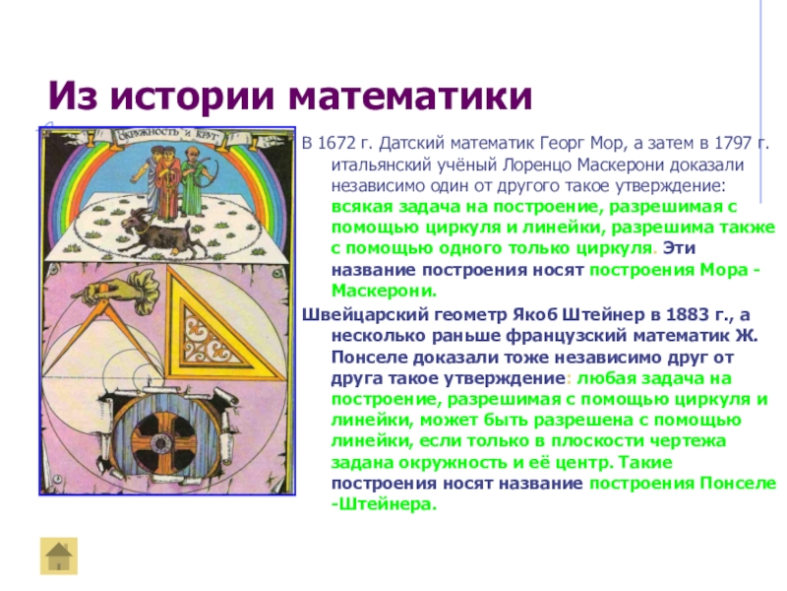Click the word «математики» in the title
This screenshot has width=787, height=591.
tap(410, 96)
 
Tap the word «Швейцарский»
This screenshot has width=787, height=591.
tap(365, 315)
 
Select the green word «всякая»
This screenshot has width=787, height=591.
tap(362, 207)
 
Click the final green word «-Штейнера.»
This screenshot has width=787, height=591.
tap(384, 504)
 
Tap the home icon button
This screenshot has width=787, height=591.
tap(59, 556)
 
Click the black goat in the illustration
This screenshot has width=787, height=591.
tap(160, 233)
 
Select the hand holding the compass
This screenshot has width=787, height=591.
tap(116, 288)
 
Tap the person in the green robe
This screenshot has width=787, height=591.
tap(193, 182)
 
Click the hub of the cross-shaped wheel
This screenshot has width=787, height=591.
tap(160, 443)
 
